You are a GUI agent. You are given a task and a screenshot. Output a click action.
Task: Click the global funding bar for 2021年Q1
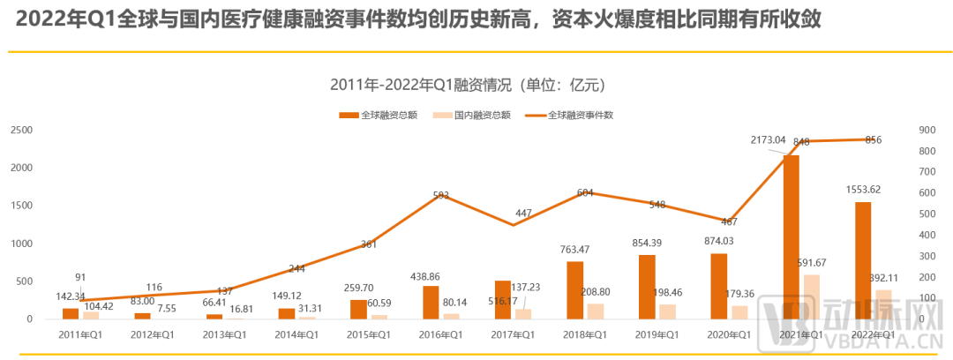click(x=791, y=236)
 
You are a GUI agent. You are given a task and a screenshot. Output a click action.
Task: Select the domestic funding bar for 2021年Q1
click(x=812, y=296)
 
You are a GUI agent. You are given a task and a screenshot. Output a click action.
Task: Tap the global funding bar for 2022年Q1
click(x=863, y=260)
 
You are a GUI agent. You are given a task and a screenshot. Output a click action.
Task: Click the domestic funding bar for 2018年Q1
click(x=597, y=311)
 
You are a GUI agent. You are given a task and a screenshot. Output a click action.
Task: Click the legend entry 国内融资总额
click(x=482, y=115)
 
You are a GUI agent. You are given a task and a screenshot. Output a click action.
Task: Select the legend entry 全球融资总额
click(x=389, y=115)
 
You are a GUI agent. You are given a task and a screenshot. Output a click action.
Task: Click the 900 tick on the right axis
click(x=926, y=130)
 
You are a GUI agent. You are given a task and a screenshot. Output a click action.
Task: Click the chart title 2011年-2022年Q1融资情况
click(x=468, y=85)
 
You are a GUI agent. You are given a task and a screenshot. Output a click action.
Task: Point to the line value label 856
click(x=874, y=140)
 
